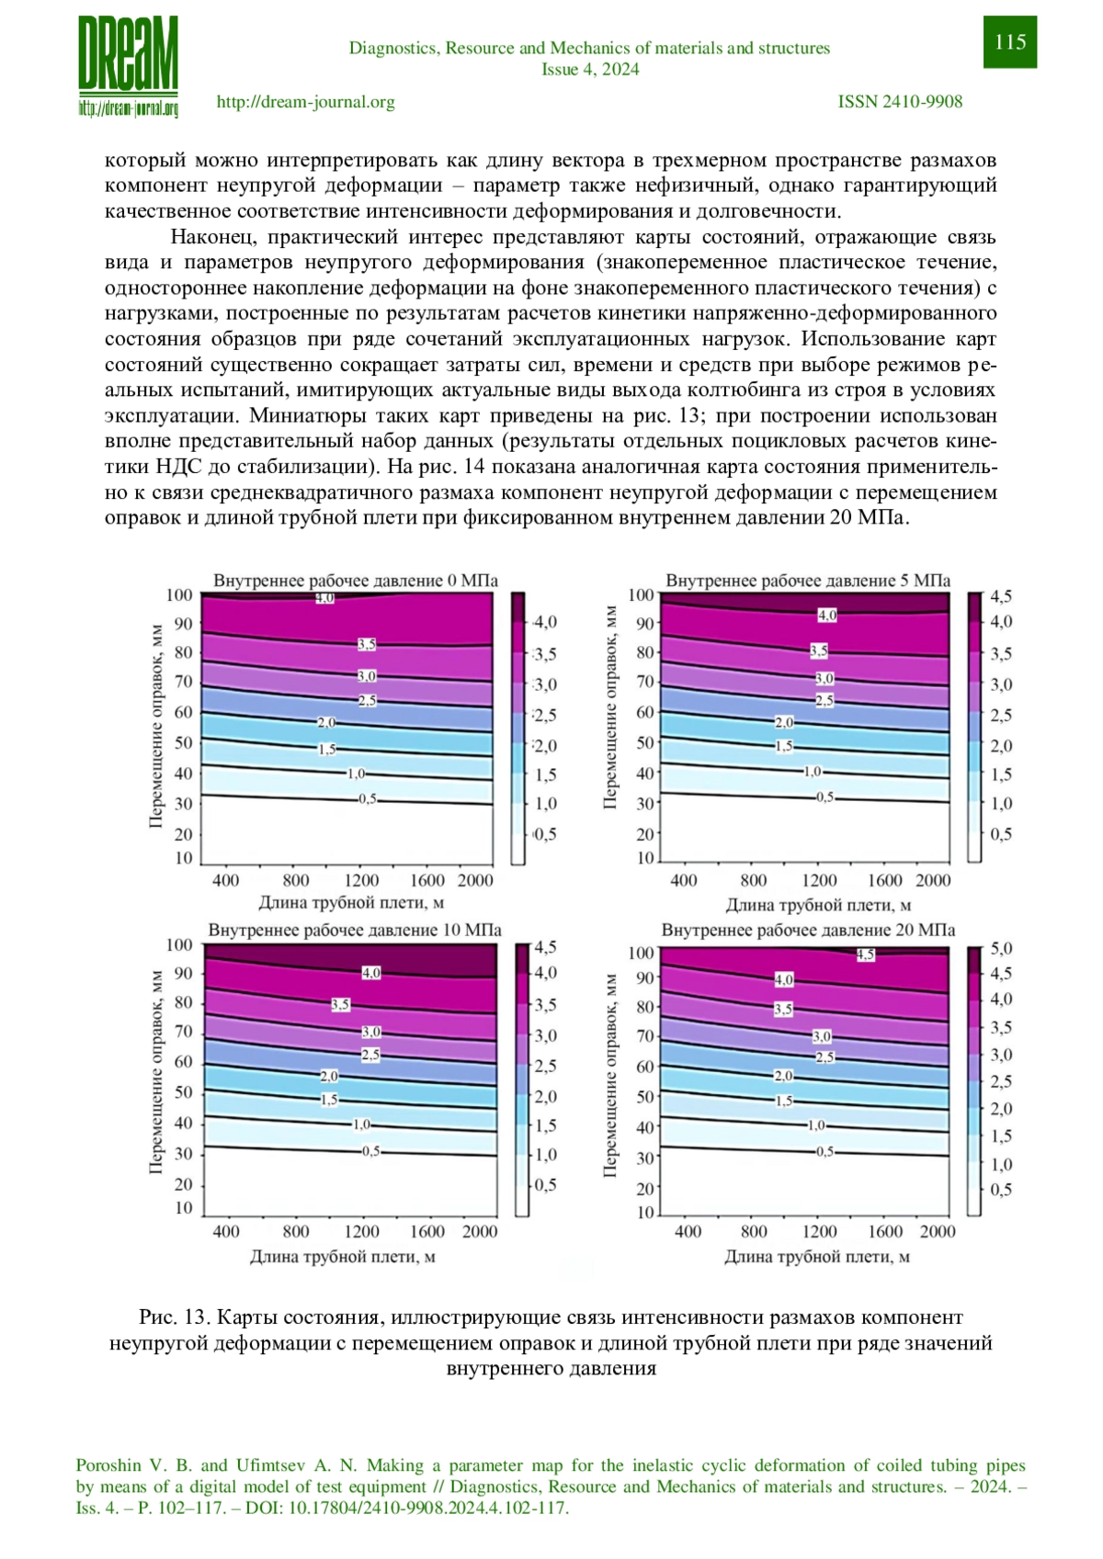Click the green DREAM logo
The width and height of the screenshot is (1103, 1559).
coord(128,65)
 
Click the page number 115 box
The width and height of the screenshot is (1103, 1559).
coord(1009,41)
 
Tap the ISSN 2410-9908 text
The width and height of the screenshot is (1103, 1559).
coord(900,102)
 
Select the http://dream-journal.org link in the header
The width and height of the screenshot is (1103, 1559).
coord(306,102)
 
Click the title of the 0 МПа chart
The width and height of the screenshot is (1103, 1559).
coord(355,581)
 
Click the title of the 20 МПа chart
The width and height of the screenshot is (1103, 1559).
coord(808,930)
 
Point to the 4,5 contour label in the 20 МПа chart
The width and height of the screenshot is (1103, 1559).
coord(866,955)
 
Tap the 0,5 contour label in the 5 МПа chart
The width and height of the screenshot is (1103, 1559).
coord(824,797)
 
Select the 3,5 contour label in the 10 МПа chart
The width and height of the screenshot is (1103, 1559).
coord(340,1004)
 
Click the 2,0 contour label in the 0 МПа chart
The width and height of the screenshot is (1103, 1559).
coord(326,722)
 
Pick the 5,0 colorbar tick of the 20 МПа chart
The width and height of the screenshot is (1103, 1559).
coord(1001,949)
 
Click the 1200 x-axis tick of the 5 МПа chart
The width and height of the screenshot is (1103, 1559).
coord(819,880)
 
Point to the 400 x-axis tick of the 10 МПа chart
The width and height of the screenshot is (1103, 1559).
coord(225,1231)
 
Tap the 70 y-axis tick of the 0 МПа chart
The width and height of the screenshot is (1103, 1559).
coord(183,682)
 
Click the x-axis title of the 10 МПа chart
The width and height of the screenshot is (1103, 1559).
coord(343,1256)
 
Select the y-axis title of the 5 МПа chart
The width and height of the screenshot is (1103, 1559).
coord(610,707)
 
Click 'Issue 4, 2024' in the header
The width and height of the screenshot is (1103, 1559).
coord(590,69)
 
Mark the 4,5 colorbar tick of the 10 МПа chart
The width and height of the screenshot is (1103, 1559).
coord(545,946)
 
